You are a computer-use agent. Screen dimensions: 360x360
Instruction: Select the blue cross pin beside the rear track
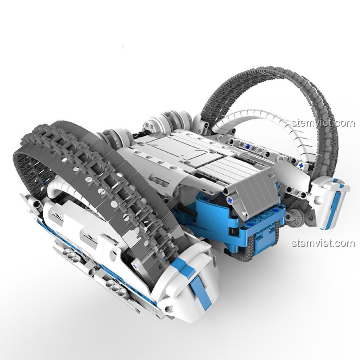[x=301, y=165]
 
